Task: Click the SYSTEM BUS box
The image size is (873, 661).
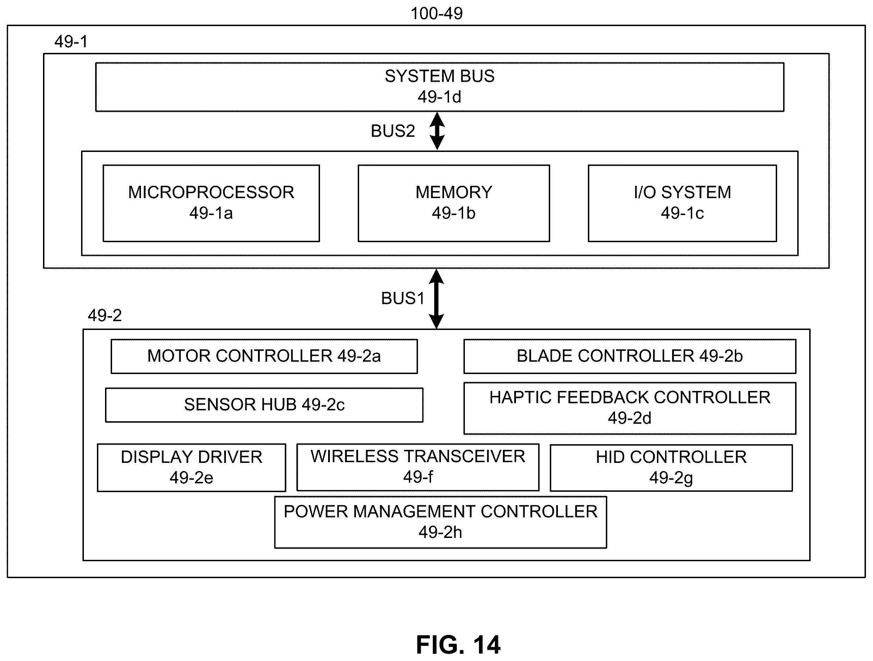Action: click(x=439, y=87)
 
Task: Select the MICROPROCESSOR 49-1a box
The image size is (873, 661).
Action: click(x=211, y=203)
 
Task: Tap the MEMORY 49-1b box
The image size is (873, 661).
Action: click(x=454, y=203)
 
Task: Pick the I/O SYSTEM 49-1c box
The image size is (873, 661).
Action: click(x=682, y=203)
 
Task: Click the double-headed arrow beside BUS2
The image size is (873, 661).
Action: click(x=437, y=131)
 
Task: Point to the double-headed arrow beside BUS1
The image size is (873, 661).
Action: click(x=436, y=299)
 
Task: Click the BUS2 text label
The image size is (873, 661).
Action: click(x=393, y=131)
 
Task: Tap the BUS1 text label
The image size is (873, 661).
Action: click(x=402, y=299)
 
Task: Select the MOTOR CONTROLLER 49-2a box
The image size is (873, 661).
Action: click(x=264, y=356)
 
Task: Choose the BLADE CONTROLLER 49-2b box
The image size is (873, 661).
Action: click(x=630, y=356)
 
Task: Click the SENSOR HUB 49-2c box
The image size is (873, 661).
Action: click(x=264, y=405)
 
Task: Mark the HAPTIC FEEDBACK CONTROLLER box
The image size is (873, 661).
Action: click(x=630, y=408)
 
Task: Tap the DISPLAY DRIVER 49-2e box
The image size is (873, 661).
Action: click(x=191, y=467)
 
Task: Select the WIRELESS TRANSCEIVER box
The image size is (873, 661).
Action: click(x=418, y=467)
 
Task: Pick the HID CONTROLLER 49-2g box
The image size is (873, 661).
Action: click(x=671, y=468)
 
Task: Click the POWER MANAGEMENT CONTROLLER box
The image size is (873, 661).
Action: click(x=441, y=522)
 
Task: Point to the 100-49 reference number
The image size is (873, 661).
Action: click(x=436, y=13)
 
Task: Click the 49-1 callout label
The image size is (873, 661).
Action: click(x=71, y=42)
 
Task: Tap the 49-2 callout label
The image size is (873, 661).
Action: click(x=105, y=316)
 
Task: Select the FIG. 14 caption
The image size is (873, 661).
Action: click(x=458, y=645)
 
